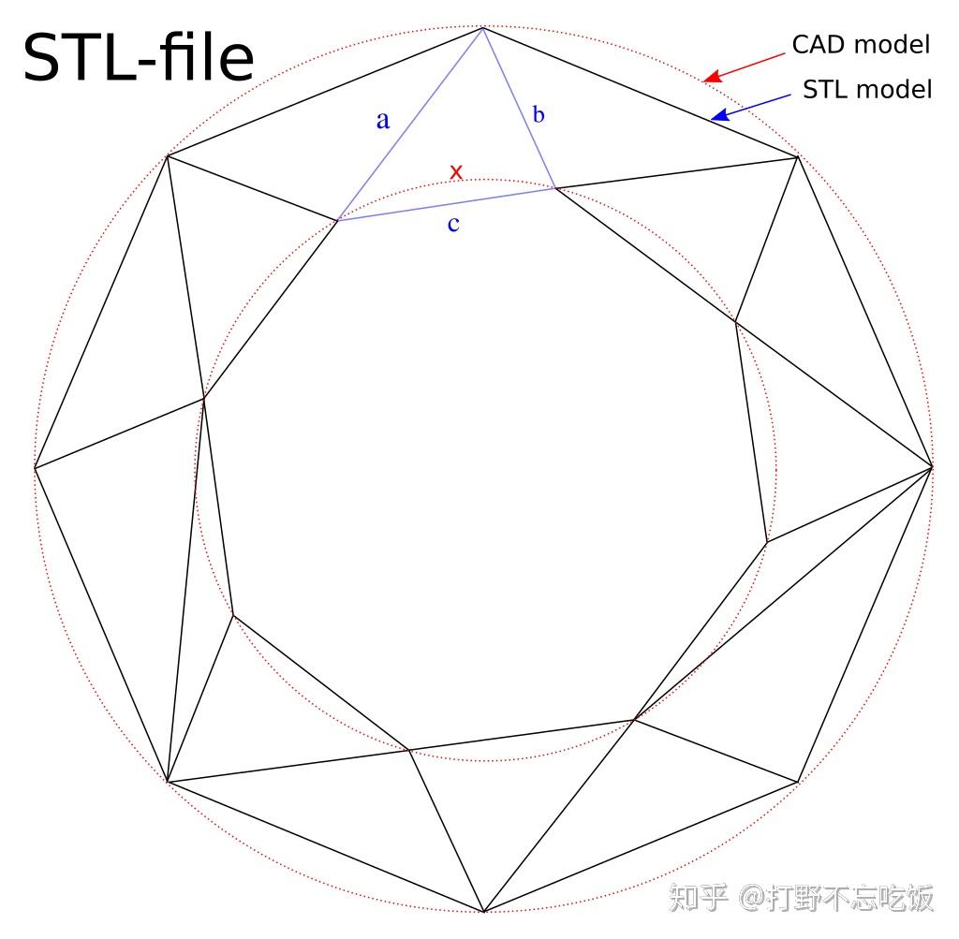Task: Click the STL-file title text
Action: (139, 58)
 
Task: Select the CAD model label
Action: (861, 44)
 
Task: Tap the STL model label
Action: (867, 89)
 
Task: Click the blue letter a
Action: (382, 120)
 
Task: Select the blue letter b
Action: (538, 115)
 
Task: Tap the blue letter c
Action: (453, 224)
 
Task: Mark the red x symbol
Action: (456, 172)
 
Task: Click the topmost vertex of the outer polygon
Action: (483, 29)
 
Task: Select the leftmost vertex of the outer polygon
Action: (35, 466)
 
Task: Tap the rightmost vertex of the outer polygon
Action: (933, 465)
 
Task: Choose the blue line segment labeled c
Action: (446, 205)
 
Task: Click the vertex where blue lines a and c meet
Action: (337, 221)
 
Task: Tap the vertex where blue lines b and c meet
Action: (555, 188)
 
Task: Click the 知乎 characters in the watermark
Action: (697, 899)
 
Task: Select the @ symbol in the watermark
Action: (754, 900)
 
